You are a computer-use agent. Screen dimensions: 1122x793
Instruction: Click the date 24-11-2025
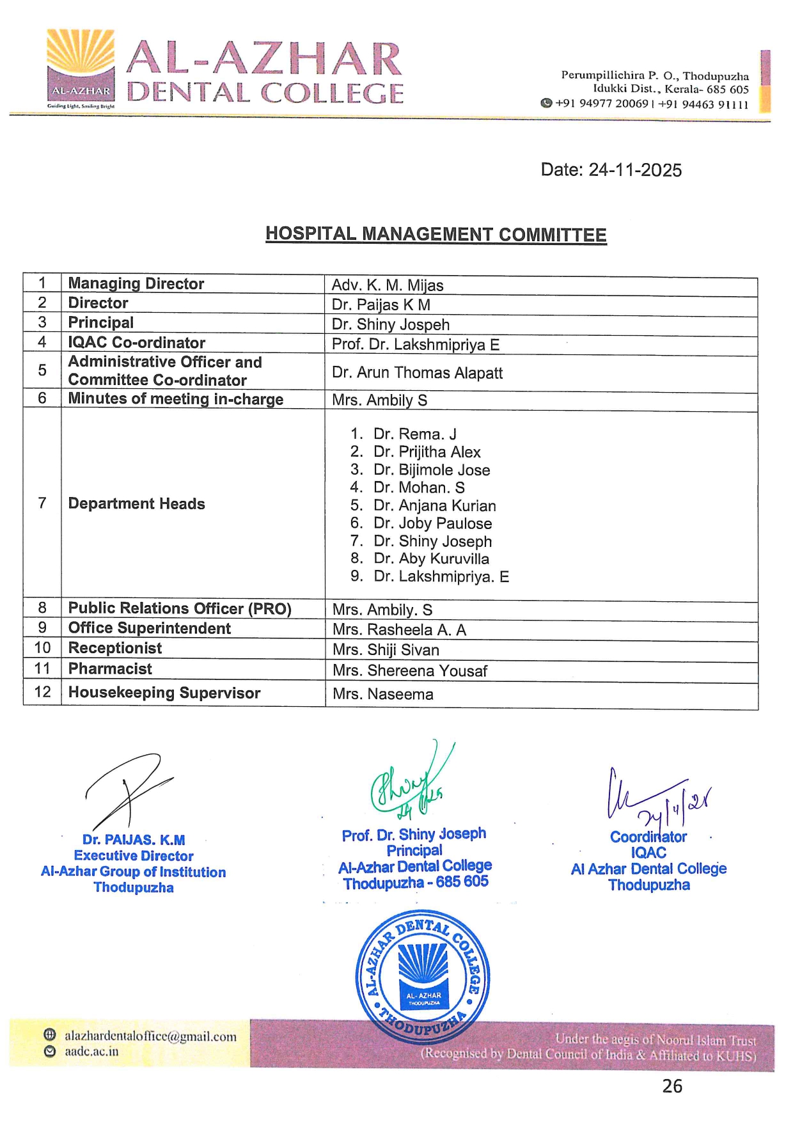(x=611, y=170)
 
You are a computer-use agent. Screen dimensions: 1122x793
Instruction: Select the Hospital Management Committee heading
(x=436, y=235)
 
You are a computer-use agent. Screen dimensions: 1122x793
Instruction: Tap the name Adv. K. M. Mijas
(x=387, y=285)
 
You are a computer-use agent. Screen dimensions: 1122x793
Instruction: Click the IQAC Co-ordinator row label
(x=136, y=343)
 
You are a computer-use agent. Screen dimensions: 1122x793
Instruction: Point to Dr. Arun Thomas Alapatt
(x=417, y=373)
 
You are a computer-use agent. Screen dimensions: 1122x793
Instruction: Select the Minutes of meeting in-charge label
(x=175, y=399)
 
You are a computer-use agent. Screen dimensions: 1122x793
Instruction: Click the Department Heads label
(x=136, y=504)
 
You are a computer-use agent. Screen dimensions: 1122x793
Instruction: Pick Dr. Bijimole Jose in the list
(x=432, y=470)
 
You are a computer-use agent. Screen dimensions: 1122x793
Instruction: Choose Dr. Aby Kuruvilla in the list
(x=431, y=558)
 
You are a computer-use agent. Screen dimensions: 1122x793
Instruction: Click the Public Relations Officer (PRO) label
(x=180, y=608)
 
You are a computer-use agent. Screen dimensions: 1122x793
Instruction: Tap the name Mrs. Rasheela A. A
(x=399, y=630)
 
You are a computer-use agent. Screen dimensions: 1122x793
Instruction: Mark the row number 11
(x=42, y=669)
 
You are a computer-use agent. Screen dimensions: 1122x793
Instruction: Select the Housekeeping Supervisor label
(x=164, y=693)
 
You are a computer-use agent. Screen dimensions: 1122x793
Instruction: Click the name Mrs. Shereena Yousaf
(x=409, y=671)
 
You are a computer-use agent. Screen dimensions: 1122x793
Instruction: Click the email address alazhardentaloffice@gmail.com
(x=150, y=1037)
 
